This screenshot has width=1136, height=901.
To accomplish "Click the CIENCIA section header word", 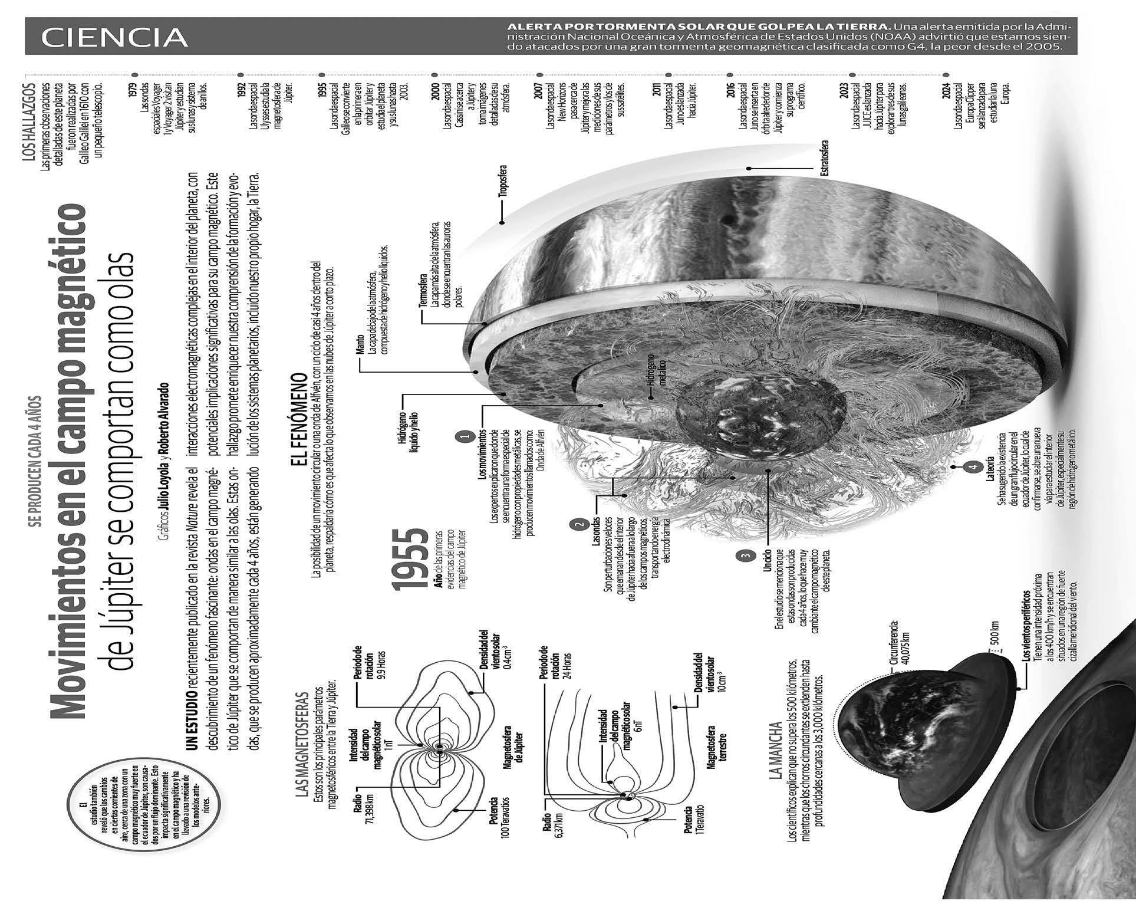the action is point(114,37).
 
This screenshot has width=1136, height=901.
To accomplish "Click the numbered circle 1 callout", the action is point(465,437).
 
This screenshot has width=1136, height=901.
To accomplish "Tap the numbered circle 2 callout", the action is point(578,523).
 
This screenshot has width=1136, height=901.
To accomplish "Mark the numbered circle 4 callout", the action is point(971,468).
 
